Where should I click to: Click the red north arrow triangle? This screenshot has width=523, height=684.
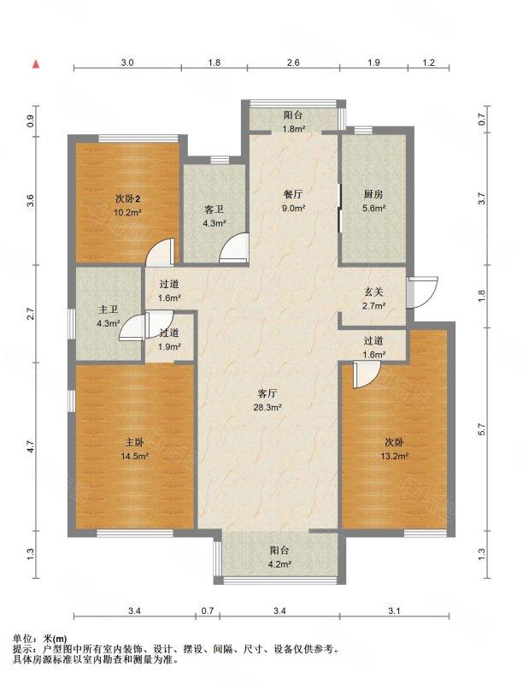pos(36,65)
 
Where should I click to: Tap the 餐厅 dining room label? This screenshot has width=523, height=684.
pos(293,194)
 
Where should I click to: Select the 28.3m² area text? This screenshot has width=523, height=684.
pos(267,408)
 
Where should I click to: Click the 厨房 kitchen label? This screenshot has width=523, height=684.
pos(373,194)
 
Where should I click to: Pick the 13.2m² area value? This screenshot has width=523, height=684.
pos(394,457)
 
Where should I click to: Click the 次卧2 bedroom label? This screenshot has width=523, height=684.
pos(127,199)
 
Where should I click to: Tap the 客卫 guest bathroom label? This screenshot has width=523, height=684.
pos(214,209)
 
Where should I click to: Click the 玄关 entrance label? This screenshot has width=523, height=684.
pos(373,292)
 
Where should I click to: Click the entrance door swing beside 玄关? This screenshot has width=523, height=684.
pos(422,292)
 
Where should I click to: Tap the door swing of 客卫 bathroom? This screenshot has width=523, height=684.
pos(234,248)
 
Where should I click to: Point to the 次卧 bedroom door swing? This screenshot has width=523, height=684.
pos(366,375)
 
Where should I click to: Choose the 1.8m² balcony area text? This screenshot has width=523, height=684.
pos(293,129)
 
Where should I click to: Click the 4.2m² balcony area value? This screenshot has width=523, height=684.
pos(279,564)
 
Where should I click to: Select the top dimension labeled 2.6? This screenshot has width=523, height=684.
pos(293,62)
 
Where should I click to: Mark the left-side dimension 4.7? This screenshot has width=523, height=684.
pos(30,446)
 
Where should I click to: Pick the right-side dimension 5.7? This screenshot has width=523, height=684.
pos(481,430)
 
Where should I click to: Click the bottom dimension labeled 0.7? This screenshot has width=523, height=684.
pos(208,610)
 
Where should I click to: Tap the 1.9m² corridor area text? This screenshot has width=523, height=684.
pos(169,347)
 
